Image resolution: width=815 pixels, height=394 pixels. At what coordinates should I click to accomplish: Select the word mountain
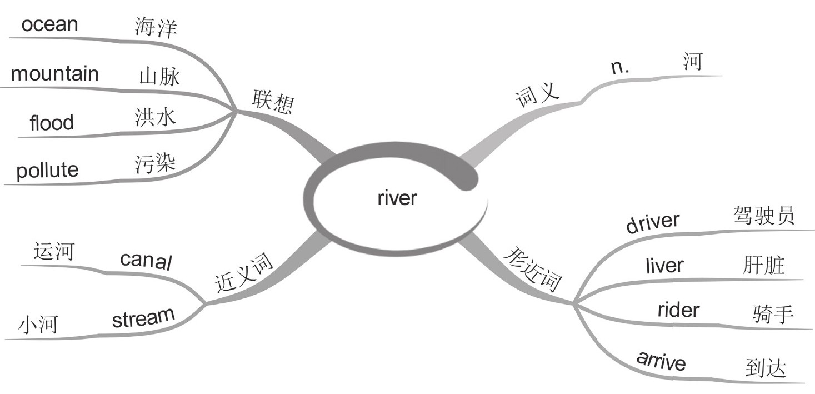pyautogui.click(x=54, y=74)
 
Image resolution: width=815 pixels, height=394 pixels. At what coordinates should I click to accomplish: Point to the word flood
pyautogui.click(x=52, y=122)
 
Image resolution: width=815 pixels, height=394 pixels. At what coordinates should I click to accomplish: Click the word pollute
pyautogui.click(x=47, y=170)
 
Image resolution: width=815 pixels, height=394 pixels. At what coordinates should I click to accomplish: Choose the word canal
pyautogui.click(x=146, y=259)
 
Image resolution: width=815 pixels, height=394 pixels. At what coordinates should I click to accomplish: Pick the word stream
pyautogui.click(x=143, y=318)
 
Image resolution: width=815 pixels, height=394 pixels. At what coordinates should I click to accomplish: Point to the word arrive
pyautogui.click(x=661, y=362)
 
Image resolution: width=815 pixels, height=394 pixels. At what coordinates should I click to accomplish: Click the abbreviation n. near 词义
pyautogui.click(x=618, y=67)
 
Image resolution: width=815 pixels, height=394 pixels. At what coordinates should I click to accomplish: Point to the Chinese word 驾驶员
pyautogui.click(x=762, y=215)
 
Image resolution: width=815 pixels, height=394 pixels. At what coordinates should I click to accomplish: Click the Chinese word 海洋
pyautogui.click(x=156, y=27)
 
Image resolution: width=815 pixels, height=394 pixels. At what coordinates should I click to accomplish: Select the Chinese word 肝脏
pyautogui.click(x=763, y=265)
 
